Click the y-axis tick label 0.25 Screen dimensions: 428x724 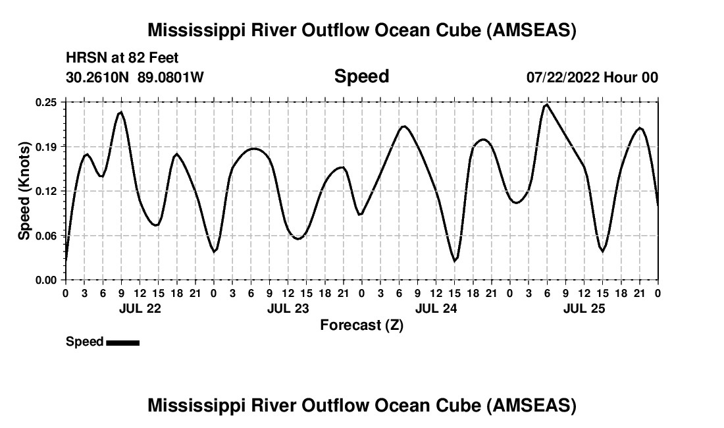(46, 102)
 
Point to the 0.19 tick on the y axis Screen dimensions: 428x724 (46, 146)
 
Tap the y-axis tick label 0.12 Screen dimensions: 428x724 (46, 191)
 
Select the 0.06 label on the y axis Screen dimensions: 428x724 (46, 235)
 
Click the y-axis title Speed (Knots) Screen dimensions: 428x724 (24, 191)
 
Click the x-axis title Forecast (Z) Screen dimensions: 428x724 (361, 325)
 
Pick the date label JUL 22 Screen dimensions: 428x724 (140, 308)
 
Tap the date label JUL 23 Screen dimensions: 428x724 (288, 308)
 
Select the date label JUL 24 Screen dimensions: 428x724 (436, 308)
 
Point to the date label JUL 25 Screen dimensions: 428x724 (584, 308)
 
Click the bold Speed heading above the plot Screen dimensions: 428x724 (361, 76)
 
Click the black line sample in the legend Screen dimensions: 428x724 (122, 342)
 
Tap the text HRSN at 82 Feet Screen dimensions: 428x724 (122, 58)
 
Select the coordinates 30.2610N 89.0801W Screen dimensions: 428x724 (135, 77)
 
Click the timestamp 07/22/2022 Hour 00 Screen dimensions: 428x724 (592, 77)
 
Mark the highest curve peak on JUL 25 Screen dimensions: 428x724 (546, 105)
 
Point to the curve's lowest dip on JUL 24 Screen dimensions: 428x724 (454, 261)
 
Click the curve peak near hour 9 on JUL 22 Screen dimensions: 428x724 (121, 112)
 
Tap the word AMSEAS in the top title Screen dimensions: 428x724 (530, 30)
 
